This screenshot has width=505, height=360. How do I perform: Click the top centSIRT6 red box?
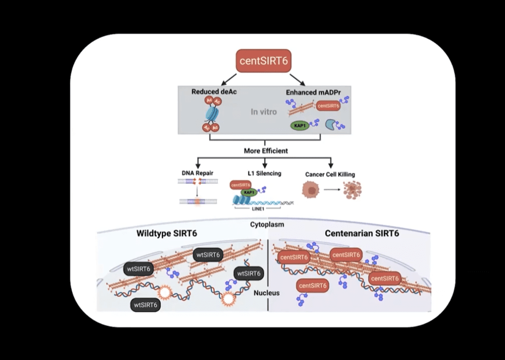264,61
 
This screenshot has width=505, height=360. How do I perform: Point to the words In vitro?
263,111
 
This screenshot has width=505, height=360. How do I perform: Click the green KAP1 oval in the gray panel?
299,125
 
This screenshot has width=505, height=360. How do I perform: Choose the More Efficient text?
266,151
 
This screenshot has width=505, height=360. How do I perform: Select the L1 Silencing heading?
265,173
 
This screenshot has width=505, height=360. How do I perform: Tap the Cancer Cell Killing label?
330,174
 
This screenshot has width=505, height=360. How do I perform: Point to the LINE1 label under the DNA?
251,208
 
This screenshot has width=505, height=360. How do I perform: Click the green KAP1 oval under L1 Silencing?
248,193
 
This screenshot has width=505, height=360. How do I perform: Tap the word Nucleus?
266,293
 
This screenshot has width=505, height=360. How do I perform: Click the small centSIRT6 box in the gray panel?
328,106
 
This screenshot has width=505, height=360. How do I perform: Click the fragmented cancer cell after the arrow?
351,191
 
